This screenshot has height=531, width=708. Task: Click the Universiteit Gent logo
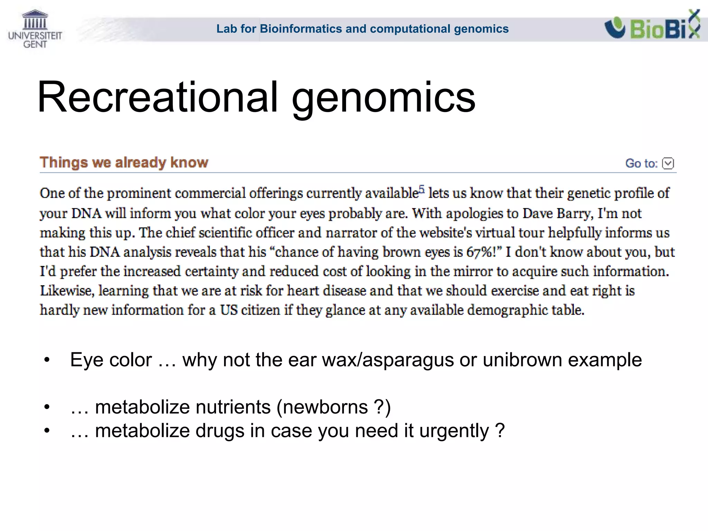35,29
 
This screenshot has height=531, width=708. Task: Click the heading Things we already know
124,162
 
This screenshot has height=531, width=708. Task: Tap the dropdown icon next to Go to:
668,163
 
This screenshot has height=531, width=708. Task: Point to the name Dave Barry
556,213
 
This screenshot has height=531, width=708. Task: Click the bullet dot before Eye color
47,360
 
